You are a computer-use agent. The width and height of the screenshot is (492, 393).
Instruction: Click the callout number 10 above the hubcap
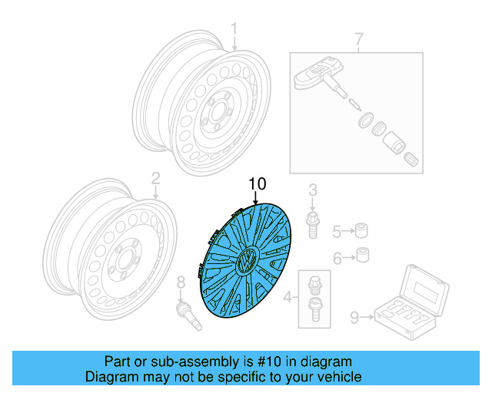pos(257,184)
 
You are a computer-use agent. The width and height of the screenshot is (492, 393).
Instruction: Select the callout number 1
pos(234,31)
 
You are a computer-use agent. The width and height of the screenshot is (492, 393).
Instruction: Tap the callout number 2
pos(155,179)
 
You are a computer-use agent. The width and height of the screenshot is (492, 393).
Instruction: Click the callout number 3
pos(313,190)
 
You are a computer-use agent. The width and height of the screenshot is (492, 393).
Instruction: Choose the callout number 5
pos(337,230)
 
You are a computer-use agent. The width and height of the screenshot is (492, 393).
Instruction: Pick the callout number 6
pos(337,258)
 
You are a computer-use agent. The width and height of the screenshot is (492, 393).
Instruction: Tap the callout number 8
pos(181,282)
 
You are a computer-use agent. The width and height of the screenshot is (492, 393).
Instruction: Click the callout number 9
pos(355,315)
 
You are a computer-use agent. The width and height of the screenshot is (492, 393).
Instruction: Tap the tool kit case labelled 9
pos(410,301)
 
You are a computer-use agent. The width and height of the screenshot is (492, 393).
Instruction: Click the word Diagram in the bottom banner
pos(110,377)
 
